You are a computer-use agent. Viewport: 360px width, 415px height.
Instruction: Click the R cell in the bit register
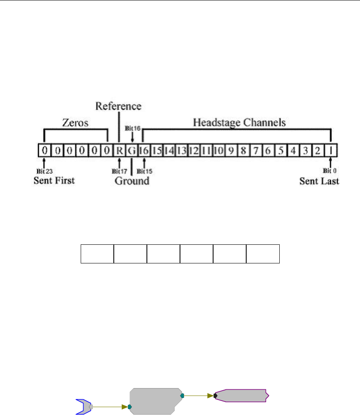(119, 150)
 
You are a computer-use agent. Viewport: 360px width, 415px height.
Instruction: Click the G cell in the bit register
(132, 150)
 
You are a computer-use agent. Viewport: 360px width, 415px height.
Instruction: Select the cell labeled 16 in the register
(144, 150)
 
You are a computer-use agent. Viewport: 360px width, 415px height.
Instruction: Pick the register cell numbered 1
(331, 150)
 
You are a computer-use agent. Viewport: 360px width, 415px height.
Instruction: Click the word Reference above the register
(118, 106)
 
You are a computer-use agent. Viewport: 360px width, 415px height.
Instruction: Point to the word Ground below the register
(132, 181)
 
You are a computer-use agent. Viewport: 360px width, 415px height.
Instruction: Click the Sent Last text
(319, 181)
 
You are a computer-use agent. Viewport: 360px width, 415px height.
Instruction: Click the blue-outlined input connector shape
(84, 405)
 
